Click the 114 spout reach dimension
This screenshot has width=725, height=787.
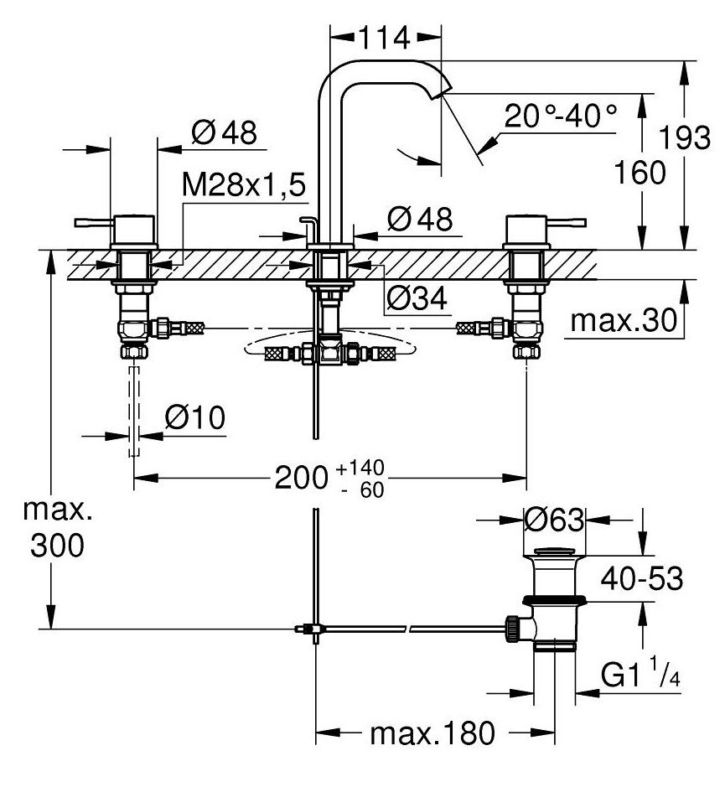point(384,38)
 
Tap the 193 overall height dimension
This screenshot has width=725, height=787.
point(685,137)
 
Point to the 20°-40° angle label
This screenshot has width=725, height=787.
point(561,116)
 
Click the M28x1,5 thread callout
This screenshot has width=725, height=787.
point(244,184)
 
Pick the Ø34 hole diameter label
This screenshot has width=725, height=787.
point(417,298)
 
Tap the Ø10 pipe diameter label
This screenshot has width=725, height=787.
point(195,417)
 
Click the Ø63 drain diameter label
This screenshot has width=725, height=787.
point(554,520)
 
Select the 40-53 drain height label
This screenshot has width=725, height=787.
point(642,578)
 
